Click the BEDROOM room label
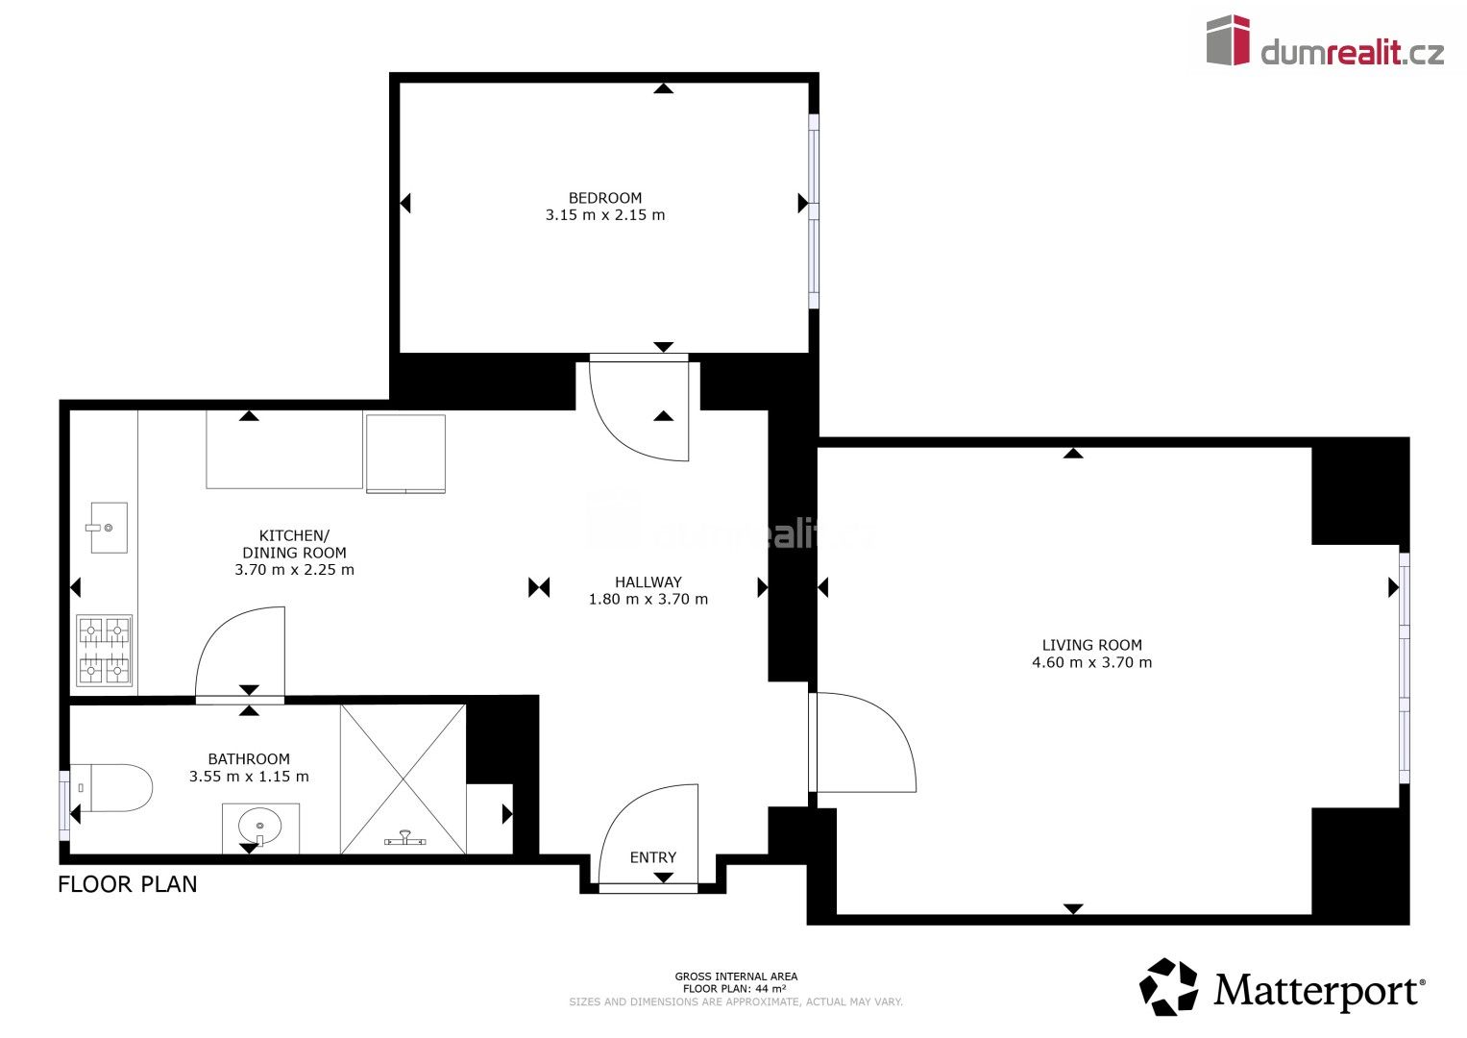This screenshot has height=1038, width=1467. [604, 198]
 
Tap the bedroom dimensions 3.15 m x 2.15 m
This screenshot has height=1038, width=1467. [604, 215]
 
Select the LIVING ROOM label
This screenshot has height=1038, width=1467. [1091, 646]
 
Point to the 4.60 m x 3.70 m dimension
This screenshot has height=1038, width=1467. [1091, 662]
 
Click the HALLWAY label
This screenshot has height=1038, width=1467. [648, 582]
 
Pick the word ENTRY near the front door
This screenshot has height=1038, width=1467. [652, 857]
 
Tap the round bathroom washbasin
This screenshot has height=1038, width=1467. [260, 826]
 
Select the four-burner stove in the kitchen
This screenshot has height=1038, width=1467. [104, 651]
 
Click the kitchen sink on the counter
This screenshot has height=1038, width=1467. [109, 528]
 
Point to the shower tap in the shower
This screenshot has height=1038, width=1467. [404, 839]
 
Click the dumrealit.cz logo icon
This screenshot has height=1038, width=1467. [1228, 40]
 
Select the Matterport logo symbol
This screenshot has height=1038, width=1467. [1168, 987]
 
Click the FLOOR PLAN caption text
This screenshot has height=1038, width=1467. [128, 884]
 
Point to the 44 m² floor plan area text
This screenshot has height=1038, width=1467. [735, 988]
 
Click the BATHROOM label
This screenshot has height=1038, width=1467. [249, 759]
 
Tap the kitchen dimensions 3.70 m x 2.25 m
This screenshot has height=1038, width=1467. [294, 570]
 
